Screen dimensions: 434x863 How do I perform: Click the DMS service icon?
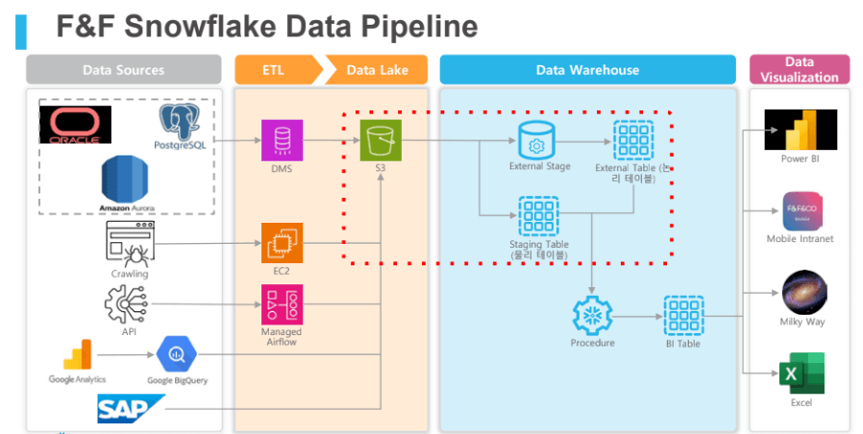click(x=282, y=140)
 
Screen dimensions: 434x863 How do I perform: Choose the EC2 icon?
click(x=282, y=244)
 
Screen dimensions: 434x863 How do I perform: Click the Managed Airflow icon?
click(x=282, y=304)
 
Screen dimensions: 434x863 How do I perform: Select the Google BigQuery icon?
click(x=177, y=353)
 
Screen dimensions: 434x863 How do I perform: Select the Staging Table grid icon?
click(x=538, y=215)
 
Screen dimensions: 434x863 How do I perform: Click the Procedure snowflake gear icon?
click(x=592, y=315)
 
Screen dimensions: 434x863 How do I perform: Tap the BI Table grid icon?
click(x=683, y=315)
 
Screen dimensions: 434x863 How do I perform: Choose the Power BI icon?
click(x=801, y=130)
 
